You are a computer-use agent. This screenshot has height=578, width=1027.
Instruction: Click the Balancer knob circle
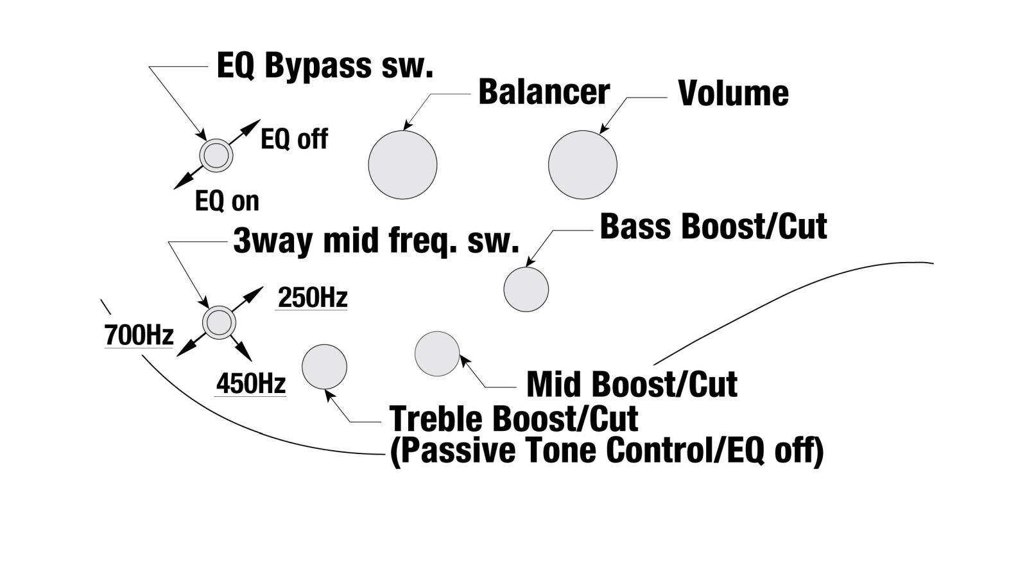point(402,164)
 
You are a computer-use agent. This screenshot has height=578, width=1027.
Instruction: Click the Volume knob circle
point(583,164)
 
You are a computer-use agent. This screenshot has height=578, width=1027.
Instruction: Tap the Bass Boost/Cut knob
point(526,290)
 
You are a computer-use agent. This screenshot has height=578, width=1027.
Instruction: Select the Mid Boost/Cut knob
point(437,354)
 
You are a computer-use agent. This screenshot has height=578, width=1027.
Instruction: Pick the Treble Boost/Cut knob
point(324,367)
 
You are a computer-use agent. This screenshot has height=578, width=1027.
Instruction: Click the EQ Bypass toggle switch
point(216,155)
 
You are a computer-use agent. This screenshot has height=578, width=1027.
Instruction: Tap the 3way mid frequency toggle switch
point(219,322)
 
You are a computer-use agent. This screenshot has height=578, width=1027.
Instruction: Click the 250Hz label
point(313,298)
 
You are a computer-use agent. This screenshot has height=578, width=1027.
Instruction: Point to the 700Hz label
point(139,335)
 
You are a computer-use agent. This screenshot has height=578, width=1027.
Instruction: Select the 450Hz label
point(251,383)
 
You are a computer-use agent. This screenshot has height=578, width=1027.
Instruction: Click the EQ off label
point(295,139)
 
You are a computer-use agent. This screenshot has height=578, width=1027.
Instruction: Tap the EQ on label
point(227,201)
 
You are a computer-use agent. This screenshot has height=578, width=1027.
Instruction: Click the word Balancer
point(544,92)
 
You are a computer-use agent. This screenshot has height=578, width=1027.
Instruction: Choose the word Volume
point(733,94)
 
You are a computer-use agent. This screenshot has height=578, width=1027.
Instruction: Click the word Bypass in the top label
point(318,67)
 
